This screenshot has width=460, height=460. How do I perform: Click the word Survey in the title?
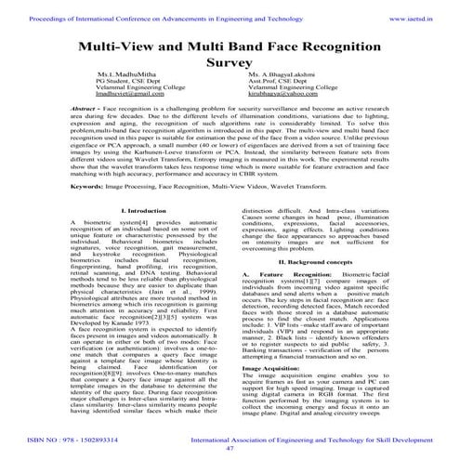pyautogui.click(x=230, y=65)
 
